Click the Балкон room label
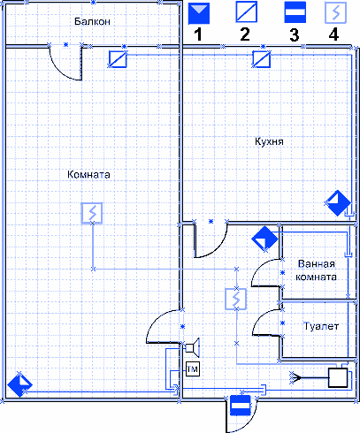[x=92, y=21]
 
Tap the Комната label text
[x=88, y=174]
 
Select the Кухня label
[x=269, y=141]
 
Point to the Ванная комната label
[x=316, y=270]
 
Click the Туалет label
[x=321, y=326]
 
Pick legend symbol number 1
[x=199, y=13]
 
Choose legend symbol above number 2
[x=247, y=11]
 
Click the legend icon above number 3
[x=295, y=12]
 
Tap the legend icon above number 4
[x=335, y=12]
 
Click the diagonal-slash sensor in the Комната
[x=118, y=59]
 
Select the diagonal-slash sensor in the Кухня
[x=262, y=59]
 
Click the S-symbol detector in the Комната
[x=92, y=213]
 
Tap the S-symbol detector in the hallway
[x=236, y=299]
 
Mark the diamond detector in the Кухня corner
[x=338, y=203]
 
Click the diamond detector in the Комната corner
[x=19, y=384]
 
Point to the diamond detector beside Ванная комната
[x=264, y=239]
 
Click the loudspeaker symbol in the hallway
[x=193, y=348]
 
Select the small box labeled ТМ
[x=193, y=368]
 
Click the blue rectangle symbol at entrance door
[x=241, y=406]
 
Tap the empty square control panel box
[x=338, y=377]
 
